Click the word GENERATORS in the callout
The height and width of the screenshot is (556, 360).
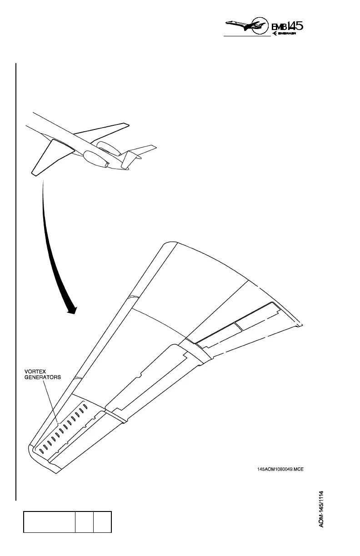click(x=42, y=377)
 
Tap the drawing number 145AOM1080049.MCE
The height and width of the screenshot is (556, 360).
click(x=278, y=469)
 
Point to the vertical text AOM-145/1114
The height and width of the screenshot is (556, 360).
click(x=321, y=509)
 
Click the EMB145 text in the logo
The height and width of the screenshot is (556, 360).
click(x=287, y=27)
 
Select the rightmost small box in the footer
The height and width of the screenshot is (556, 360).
click(x=102, y=521)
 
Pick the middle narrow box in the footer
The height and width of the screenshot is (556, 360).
click(x=85, y=521)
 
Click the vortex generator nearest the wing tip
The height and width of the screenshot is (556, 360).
click(x=41, y=451)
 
